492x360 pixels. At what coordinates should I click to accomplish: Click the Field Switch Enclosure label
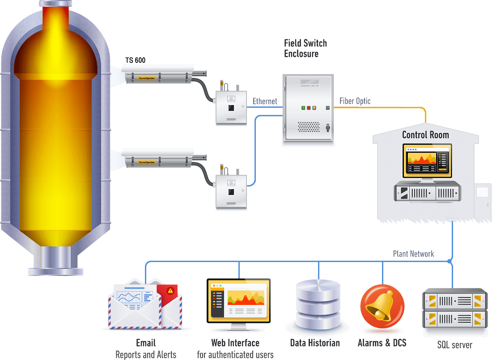coord(305,48)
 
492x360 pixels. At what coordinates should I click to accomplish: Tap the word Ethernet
coord(265,101)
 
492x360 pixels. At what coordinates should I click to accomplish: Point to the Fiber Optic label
coord(355,101)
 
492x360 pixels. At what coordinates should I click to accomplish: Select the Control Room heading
coord(425,135)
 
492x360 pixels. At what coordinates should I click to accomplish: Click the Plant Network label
coord(413,254)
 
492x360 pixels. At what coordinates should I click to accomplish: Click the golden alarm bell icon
coord(382,306)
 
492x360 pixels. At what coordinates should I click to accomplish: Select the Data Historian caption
coord(314,343)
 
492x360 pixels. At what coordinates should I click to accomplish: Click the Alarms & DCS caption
coord(382,343)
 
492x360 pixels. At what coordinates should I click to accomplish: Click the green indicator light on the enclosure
coord(303,108)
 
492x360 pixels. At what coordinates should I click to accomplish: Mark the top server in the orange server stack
coord(454,300)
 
